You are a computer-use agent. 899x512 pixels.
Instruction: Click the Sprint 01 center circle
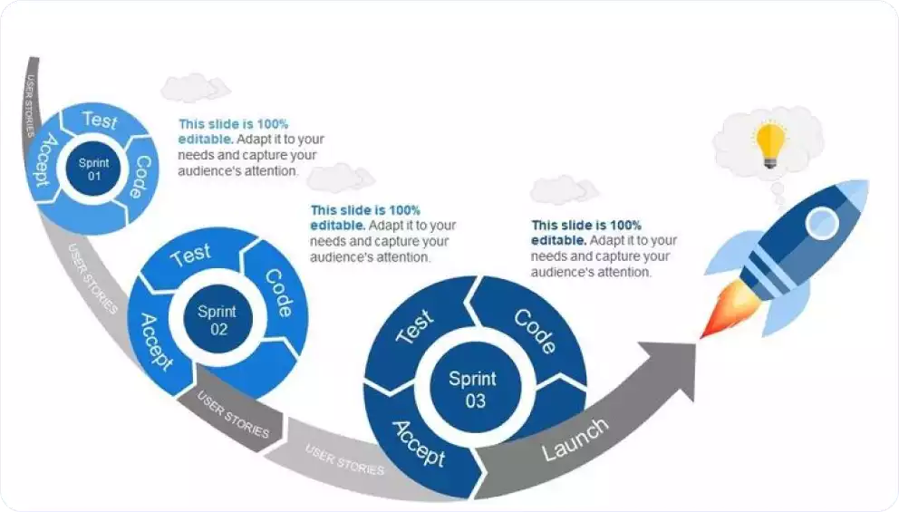click(93, 169)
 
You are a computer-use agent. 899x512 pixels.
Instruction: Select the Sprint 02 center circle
click(217, 320)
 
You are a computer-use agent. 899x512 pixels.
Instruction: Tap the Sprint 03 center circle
click(472, 389)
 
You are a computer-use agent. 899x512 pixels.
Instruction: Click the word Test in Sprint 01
click(99, 119)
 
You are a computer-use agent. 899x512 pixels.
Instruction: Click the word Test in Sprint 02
click(190, 255)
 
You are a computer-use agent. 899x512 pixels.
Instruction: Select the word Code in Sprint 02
click(279, 292)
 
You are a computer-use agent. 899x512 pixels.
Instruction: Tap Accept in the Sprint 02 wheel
click(155, 342)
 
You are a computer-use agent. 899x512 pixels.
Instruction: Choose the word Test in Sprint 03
click(415, 326)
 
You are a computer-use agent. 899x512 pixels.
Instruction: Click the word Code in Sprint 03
click(535, 332)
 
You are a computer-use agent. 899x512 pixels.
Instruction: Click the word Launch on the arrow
click(575, 440)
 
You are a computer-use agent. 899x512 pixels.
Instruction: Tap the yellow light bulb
click(770, 144)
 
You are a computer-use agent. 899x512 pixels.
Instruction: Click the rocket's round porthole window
click(822, 222)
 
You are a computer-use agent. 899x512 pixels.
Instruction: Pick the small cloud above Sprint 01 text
click(195, 88)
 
